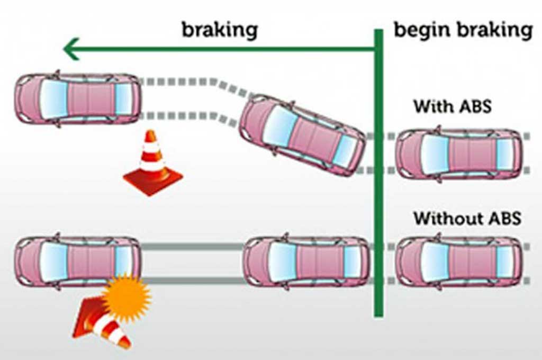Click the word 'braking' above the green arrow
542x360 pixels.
click(220, 30)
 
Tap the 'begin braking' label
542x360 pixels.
click(463, 30)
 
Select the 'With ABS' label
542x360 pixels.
click(453, 106)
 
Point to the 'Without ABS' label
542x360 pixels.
click(467, 218)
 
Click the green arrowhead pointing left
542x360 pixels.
click(71, 49)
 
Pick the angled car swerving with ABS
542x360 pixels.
click(302, 134)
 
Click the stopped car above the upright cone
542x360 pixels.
click(78, 99)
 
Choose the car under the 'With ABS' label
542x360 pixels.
click(458, 154)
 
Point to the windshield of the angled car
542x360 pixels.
click(279, 125)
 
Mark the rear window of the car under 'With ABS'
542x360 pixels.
click(504, 154)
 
